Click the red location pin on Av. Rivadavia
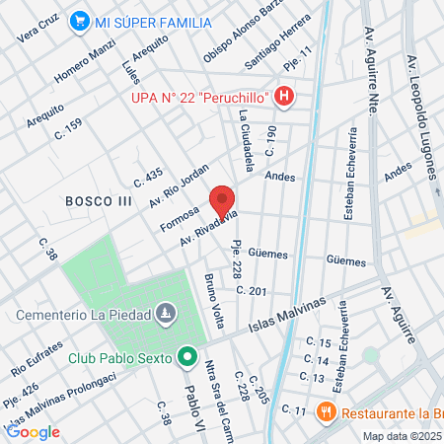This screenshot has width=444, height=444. click(x=221, y=201)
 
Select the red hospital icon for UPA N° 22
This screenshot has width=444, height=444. click(x=285, y=96)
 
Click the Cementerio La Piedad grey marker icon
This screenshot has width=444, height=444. click(x=167, y=317)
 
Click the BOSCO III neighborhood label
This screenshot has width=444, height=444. click(x=99, y=200)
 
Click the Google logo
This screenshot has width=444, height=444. click(x=33, y=431)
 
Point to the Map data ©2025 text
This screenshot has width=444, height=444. click(x=402, y=436)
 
